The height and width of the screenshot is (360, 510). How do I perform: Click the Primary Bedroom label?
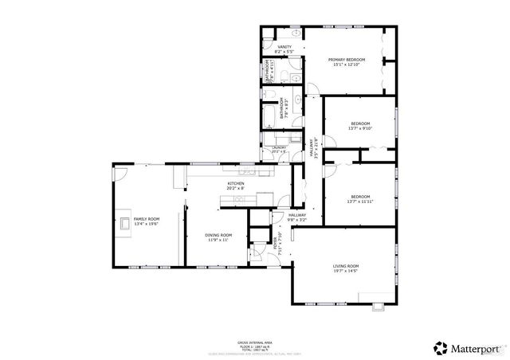348,60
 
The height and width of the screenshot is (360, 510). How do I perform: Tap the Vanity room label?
284,47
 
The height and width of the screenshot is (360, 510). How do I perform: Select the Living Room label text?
346,265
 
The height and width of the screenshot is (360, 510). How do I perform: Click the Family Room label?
146,219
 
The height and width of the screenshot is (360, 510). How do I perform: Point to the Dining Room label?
218,235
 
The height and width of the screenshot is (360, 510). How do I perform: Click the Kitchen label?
236,184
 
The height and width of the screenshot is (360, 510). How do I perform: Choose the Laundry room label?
279,147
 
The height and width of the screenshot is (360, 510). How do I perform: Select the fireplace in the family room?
125,222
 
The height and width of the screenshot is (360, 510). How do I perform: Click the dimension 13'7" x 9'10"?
361,129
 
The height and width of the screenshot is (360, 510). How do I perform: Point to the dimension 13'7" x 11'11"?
361,202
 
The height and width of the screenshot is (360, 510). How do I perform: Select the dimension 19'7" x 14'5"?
346,271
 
